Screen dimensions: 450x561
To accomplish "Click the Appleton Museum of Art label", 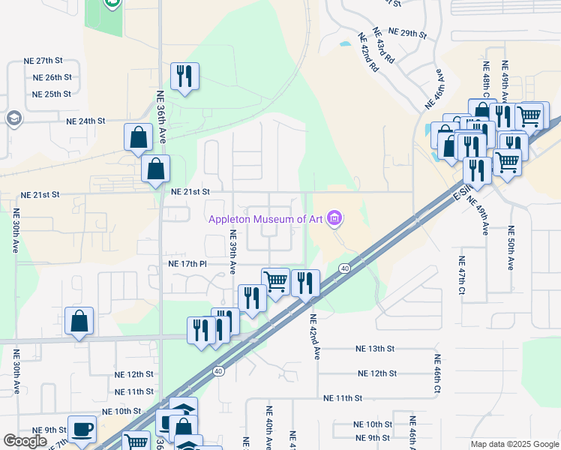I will click(266, 219).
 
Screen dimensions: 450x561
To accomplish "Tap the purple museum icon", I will click(334, 219).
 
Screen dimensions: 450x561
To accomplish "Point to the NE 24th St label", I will click(86, 121).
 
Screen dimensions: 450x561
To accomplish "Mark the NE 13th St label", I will click(375, 349).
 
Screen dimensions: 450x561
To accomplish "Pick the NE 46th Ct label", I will click(436, 375).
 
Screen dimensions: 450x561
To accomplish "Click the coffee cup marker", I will click(82, 429).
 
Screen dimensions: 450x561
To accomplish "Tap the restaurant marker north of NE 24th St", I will click(184, 76).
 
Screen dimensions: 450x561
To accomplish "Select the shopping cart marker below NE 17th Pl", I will click(276, 282).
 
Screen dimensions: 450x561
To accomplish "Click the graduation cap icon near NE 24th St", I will click(13, 118).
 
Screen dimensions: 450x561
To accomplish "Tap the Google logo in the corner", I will click(25, 441).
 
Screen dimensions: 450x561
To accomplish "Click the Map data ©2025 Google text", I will click(514, 444).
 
